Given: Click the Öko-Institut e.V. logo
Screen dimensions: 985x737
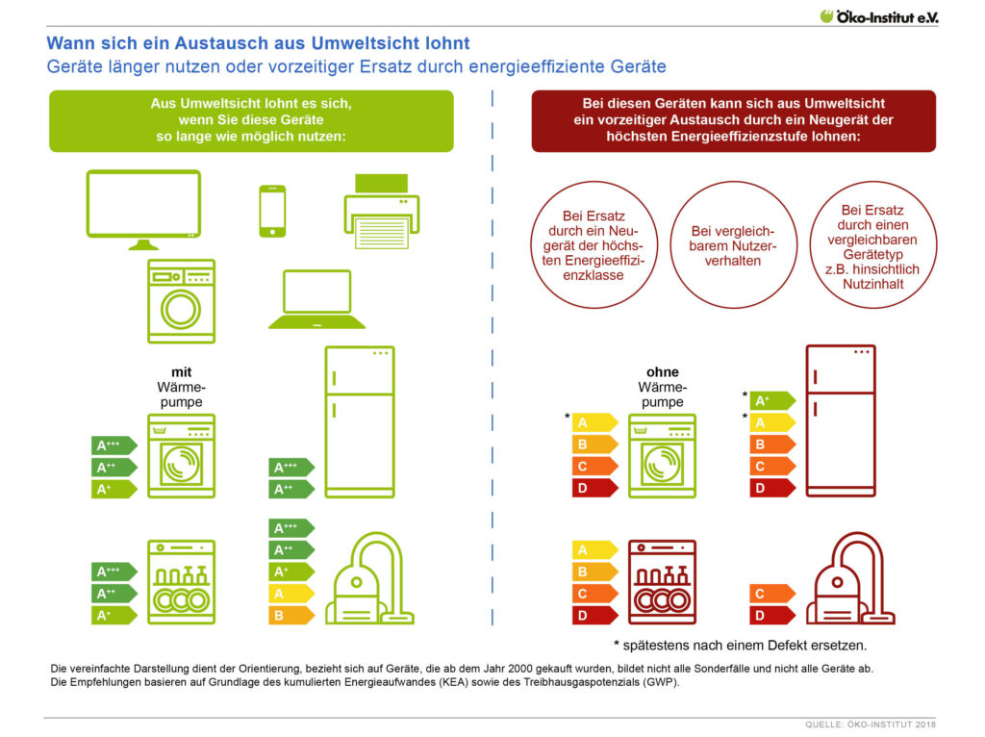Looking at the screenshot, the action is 878,16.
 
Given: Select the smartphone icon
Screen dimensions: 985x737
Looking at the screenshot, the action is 272,211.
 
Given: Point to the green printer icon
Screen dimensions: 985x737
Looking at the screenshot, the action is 381,212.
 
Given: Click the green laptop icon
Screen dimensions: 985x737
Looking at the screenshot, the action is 316,299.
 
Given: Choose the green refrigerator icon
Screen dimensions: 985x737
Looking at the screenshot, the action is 360,421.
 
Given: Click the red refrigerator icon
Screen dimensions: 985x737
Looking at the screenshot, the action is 841,420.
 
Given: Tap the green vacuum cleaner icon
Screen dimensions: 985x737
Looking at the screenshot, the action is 369,578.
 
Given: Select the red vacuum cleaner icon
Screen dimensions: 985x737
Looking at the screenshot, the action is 850,578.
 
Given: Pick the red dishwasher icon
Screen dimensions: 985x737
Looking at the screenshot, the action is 662,582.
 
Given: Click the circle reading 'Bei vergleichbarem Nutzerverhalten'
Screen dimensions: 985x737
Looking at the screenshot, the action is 733,245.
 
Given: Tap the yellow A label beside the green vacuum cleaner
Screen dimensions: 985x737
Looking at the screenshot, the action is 291,594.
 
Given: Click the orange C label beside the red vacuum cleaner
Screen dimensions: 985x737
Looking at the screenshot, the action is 772,593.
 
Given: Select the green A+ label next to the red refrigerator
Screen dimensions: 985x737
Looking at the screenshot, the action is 772,401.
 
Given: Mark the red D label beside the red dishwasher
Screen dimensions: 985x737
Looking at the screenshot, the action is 594,615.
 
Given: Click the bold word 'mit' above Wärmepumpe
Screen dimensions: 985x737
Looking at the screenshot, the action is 182,372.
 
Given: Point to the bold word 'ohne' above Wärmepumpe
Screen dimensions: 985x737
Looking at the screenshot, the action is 663,372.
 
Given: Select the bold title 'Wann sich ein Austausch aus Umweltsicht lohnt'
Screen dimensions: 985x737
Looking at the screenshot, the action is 258,43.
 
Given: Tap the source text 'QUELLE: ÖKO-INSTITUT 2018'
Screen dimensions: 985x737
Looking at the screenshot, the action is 871,724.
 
